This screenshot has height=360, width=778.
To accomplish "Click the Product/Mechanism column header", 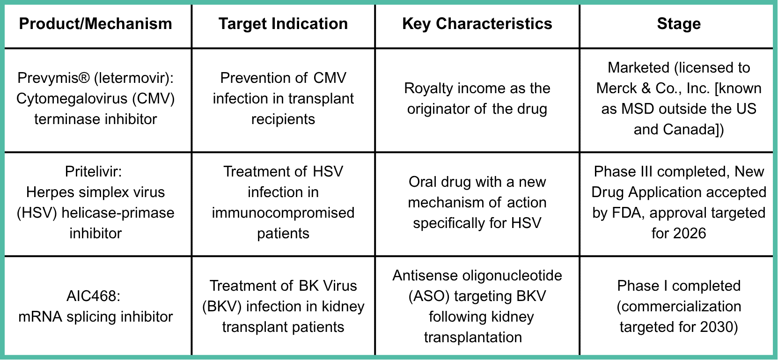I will click(x=95, y=24).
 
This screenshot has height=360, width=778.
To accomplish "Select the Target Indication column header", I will click(x=283, y=24).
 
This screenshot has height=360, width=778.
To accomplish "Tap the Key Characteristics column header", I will click(x=477, y=24).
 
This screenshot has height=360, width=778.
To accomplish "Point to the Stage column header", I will click(x=679, y=24).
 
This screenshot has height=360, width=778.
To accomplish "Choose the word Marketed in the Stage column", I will click(x=639, y=68).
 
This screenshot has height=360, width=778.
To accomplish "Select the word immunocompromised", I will click(x=283, y=213).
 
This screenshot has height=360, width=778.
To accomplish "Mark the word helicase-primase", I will click(x=118, y=213).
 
